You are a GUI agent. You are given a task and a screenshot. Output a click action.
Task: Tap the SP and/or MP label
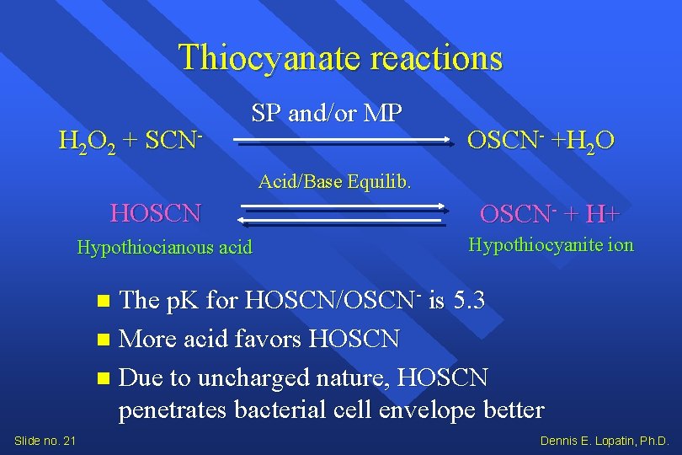point(328,112)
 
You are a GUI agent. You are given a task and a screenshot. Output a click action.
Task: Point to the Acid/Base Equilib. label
point(334,181)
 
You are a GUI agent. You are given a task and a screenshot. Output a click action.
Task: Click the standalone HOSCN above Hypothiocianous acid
point(156,213)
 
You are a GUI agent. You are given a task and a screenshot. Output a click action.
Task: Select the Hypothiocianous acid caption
point(164,248)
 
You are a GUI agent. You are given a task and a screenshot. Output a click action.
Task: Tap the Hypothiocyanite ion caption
point(551,245)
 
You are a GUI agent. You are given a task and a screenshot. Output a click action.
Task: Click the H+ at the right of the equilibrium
point(603,214)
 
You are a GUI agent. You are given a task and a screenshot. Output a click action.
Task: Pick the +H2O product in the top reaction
point(582,140)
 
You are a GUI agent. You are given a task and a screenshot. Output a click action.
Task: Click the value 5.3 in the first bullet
point(468,300)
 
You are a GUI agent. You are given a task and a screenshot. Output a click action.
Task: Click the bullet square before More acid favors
point(103,340)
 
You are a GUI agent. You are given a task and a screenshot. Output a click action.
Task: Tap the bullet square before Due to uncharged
point(103,378)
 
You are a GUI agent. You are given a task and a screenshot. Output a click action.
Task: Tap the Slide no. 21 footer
point(45,441)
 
